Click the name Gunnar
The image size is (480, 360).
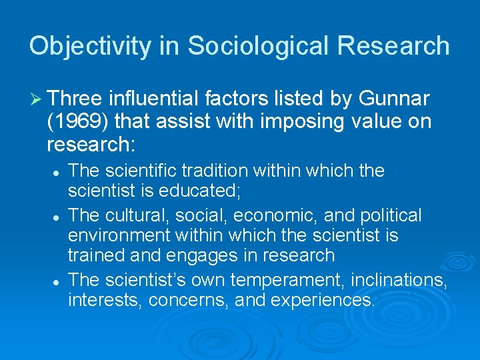394,100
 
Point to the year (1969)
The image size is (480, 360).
77,122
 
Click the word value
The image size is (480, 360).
373,122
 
